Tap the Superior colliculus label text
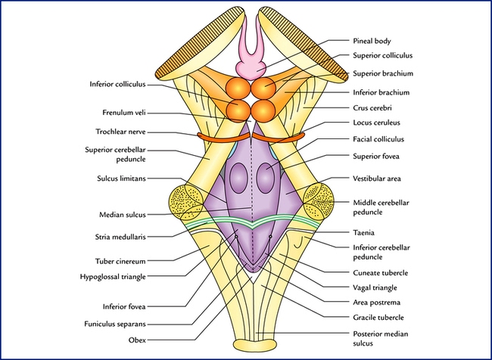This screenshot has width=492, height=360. point(386,57)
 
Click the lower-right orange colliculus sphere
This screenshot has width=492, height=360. point(262,111)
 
